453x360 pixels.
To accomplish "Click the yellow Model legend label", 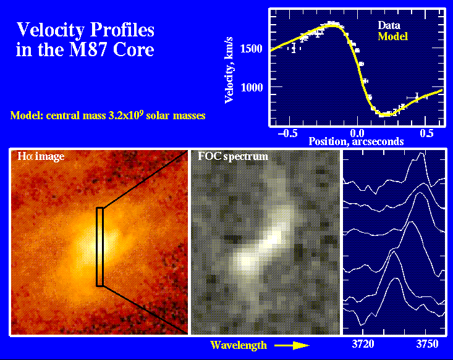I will (393, 36).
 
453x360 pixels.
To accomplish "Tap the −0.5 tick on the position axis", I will (285, 133).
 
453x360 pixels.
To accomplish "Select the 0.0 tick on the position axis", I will (356, 133).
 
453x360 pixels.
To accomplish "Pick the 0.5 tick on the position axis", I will (426, 133).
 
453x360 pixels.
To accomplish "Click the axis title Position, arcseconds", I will (356, 141).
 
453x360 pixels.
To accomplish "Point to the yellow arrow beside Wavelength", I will (290, 345).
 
